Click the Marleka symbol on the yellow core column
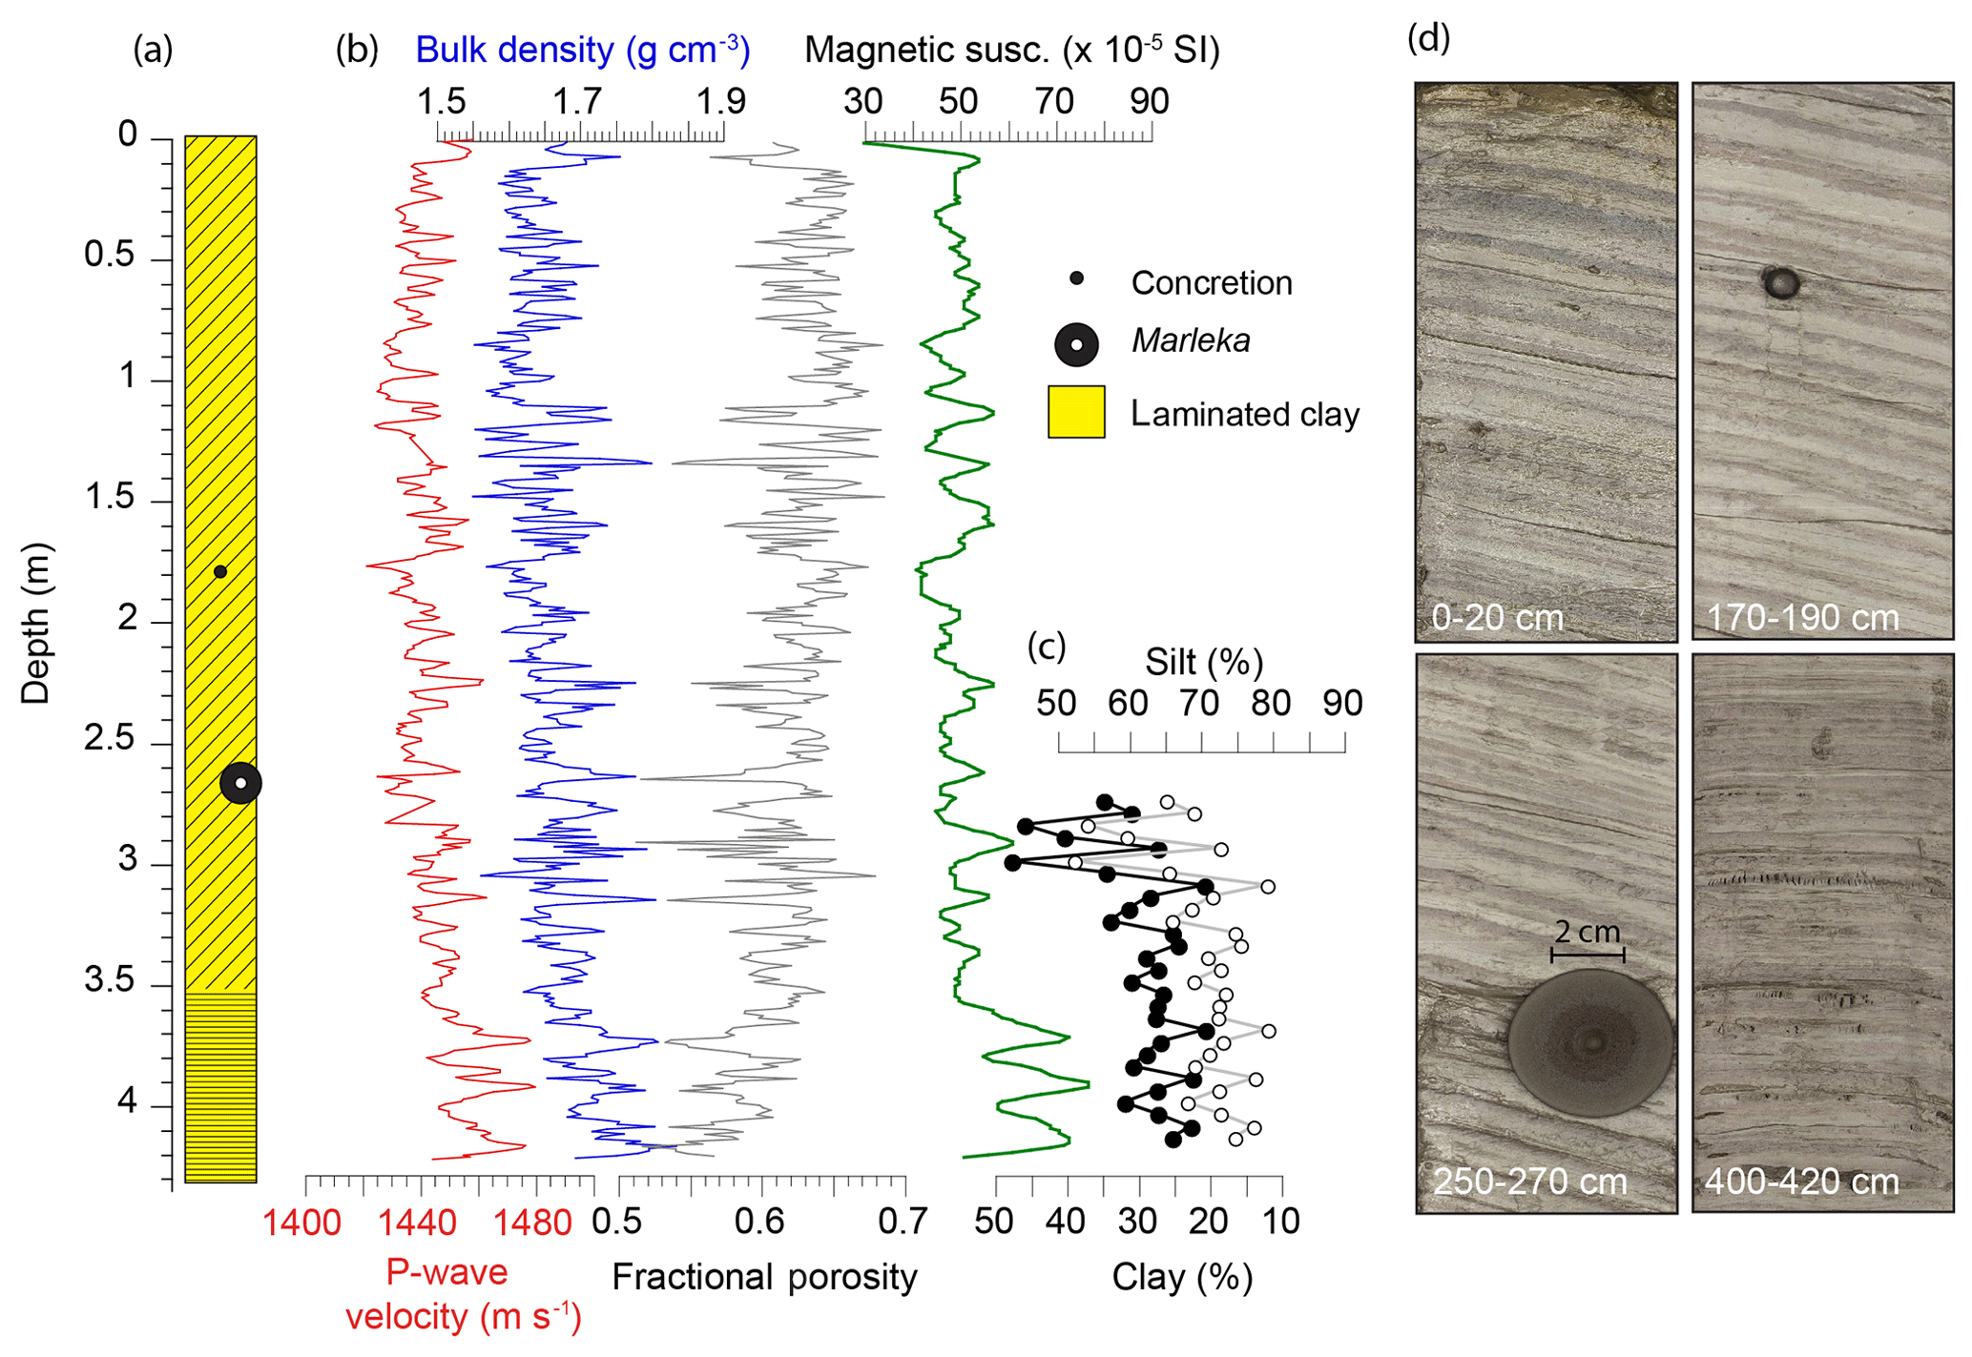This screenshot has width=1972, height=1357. (x=240, y=783)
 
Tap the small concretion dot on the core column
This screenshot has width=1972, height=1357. (x=220, y=572)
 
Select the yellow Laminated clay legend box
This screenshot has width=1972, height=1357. (x=1076, y=412)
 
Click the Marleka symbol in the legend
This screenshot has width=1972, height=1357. (x=1076, y=344)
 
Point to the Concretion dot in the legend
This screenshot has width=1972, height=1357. (x=1076, y=279)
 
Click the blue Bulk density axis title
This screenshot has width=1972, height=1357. (x=583, y=50)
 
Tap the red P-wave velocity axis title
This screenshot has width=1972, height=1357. (x=463, y=1294)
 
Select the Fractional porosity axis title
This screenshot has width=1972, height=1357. (x=764, y=1276)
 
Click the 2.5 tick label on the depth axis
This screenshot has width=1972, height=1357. (x=110, y=740)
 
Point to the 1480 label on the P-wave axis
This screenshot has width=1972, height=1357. (x=532, y=1222)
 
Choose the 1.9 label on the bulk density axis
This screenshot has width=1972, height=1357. (x=720, y=101)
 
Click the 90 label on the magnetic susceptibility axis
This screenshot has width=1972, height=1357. (x=1150, y=101)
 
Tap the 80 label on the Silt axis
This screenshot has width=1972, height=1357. (x=1271, y=704)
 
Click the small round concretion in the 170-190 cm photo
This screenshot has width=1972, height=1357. (x=1780, y=282)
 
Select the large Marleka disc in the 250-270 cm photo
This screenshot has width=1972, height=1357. (x=1590, y=1042)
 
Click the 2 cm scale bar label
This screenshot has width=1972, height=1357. (x=1588, y=932)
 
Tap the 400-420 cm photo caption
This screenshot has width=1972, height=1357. (x=1801, y=1182)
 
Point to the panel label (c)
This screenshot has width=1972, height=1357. (x=1047, y=647)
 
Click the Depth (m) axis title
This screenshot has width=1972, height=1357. (x=35, y=624)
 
